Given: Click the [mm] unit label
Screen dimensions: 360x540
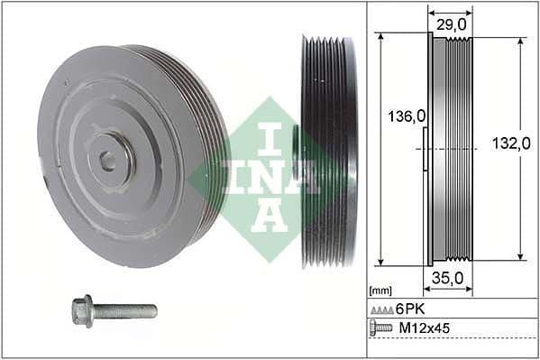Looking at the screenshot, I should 380,291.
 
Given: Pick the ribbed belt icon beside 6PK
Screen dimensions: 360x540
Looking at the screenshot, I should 382,309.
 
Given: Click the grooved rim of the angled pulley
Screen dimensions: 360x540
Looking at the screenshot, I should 203,117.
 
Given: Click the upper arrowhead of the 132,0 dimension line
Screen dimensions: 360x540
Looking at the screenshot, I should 521,42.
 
